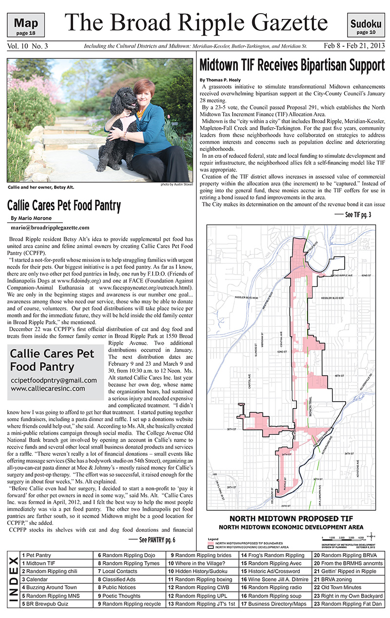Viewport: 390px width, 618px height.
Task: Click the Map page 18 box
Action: (29, 26)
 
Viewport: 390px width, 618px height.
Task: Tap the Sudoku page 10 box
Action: (366, 26)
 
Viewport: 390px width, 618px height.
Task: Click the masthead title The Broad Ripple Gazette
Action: (196, 22)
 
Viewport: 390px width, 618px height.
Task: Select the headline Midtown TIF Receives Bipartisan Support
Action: (292, 65)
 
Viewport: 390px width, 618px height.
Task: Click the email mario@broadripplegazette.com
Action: (50, 227)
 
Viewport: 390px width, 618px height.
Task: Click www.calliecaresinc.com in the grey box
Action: (48, 389)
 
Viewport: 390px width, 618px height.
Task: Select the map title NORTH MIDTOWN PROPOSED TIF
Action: (291, 518)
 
